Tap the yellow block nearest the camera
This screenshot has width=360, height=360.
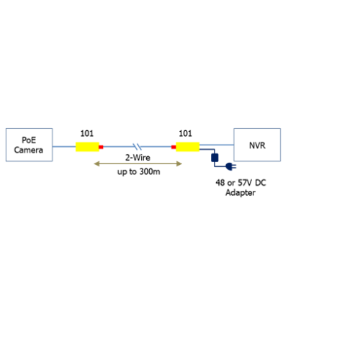click(x=87, y=147)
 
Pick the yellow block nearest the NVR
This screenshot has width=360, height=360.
click(x=188, y=147)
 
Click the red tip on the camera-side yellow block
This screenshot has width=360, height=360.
click(x=101, y=147)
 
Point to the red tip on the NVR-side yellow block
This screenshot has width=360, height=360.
click(x=174, y=147)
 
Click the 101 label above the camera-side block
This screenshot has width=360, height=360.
click(x=87, y=133)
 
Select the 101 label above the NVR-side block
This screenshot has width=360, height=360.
click(x=185, y=133)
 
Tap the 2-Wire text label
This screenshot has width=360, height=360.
click(x=138, y=158)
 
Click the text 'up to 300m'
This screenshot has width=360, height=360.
click(x=139, y=172)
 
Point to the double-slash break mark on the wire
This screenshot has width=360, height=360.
click(x=138, y=146)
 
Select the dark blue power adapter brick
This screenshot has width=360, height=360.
click(x=215, y=158)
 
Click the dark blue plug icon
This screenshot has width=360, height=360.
click(x=231, y=166)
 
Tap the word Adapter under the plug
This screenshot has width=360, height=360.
click(x=240, y=192)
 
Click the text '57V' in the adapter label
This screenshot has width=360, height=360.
click(x=245, y=183)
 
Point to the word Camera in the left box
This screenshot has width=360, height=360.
click(x=29, y=150)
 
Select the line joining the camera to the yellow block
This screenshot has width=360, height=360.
click(x=64, y=146)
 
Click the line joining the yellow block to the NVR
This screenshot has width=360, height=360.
click(x=217, y=145)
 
